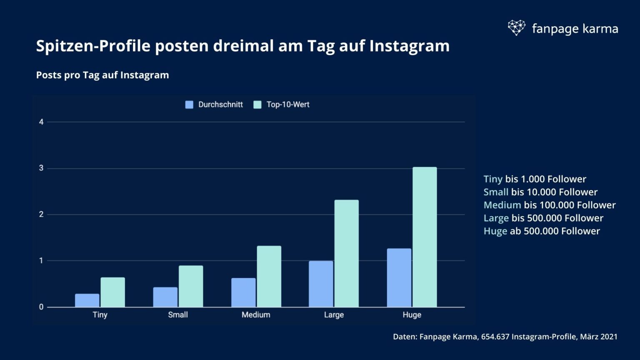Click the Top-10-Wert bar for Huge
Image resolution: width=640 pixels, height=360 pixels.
point(425,237)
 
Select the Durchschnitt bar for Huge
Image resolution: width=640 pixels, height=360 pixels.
point(399,278)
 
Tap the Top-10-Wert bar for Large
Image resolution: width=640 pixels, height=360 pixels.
point(346,253)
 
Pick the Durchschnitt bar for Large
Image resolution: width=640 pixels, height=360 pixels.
point(321,284)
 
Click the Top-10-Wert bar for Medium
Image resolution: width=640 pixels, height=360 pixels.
point(269,276)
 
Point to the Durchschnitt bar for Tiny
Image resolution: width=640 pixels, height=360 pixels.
point(87,300)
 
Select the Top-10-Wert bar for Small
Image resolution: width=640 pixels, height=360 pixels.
point(191,286)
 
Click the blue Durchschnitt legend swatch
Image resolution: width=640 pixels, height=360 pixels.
point(189,105)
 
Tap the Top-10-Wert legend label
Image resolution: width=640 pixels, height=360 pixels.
point(287,105)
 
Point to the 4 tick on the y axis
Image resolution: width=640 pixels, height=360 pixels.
point(41,122)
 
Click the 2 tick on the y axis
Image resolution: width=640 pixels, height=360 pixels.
point(41,215)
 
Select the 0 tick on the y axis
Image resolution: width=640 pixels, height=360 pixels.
point(41,307)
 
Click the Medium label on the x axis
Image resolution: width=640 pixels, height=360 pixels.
point(256,315)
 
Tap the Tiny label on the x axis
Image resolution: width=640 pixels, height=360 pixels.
point(100,315)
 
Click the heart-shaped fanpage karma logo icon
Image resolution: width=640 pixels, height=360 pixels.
point(517,28)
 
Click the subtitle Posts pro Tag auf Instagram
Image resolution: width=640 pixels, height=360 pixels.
point(102,75)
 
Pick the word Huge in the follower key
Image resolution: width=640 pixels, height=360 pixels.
point(495,231)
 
